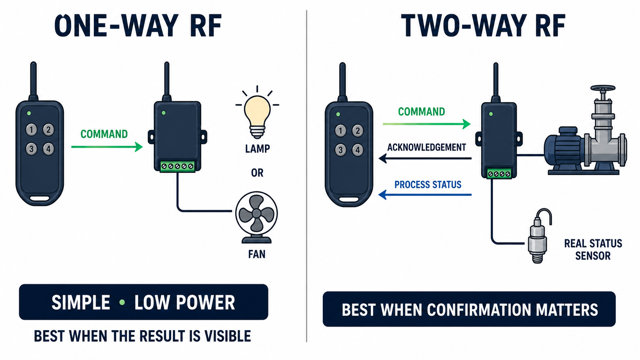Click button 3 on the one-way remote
tap(31, 149)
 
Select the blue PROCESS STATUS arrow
tap(425, 195)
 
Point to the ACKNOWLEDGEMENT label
tap(426, 147)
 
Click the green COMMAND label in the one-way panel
tap(104, 134)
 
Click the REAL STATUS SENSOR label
tap(593, 249)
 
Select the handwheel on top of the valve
tap(603, 88)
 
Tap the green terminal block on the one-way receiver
tap(178, 166)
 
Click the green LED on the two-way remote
tap(338, 114)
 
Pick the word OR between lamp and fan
tap(257, 173)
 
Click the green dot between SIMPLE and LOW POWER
tap(122, 302)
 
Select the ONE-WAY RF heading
tap(138, 25)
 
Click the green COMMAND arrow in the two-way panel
tap(426, 124)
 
